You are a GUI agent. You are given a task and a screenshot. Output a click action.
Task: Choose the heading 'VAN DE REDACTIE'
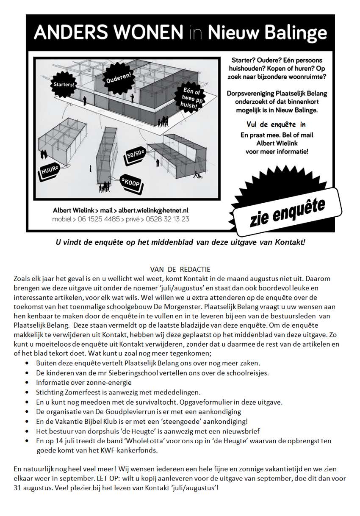tap(180, 269)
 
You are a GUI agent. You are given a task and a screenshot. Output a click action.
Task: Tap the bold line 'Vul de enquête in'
tap(276, 124)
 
